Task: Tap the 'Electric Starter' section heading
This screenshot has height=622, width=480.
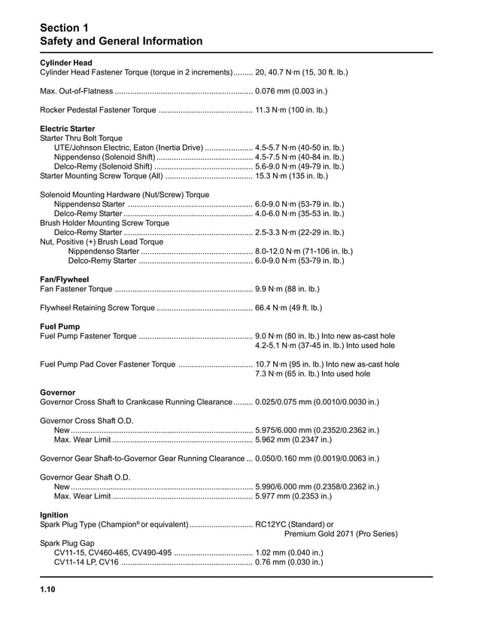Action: [67, 129]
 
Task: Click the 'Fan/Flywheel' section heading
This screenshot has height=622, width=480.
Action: [64, 279]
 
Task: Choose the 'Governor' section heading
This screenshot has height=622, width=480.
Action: [57, 392]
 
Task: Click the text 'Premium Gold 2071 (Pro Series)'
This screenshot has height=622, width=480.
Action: [341, 534]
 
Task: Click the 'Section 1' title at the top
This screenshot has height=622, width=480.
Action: [64, 27]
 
